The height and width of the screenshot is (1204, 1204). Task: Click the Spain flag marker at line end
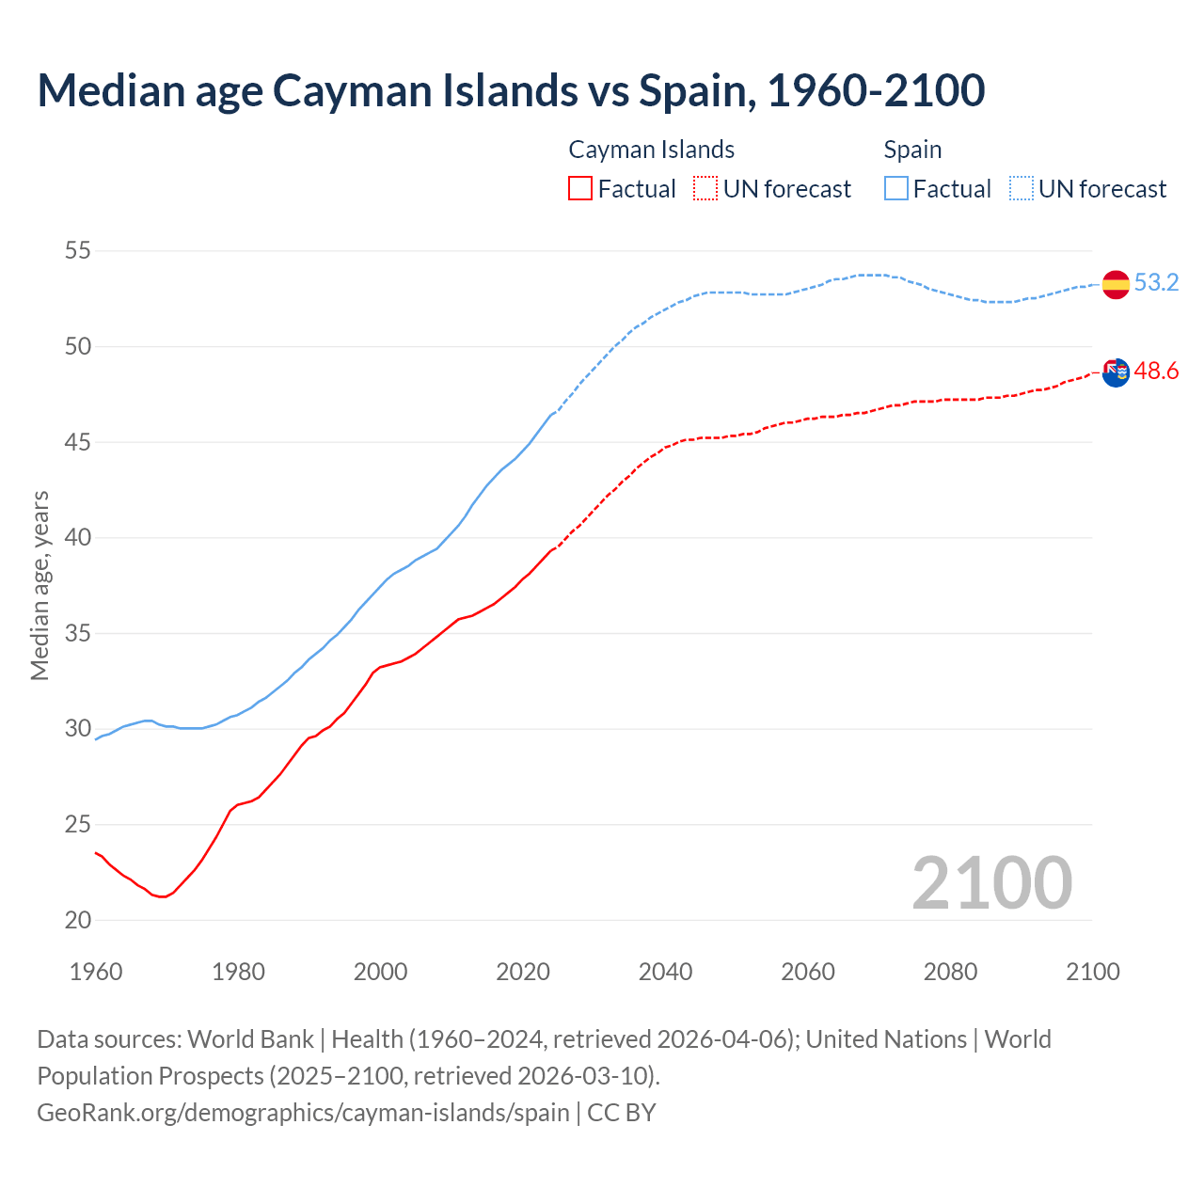pos(1116,283)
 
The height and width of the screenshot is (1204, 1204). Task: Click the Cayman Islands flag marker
pos(1116,372)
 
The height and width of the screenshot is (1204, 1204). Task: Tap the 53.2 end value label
pos(1156,282)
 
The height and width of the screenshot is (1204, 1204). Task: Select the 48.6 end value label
pos(1156,372)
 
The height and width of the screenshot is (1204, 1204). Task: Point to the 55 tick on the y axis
pos(78,251)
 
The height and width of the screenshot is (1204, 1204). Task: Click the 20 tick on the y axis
pos(78,920)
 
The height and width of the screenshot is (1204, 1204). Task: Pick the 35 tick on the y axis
pos(78,633)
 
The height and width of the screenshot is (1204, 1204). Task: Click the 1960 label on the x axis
pos(96,972)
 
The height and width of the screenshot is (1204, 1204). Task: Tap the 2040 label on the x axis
pos(666,972)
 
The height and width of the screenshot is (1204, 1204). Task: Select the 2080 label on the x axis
pos(950,972)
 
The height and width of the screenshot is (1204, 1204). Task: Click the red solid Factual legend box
pos(580,189)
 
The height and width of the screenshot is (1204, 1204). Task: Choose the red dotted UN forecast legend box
pos(705,189)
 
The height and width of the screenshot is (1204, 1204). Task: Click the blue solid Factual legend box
pos(896,189)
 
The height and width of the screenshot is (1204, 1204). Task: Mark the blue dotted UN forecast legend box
pos(1022,189)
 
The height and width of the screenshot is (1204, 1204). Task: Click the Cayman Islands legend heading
pos(651,150)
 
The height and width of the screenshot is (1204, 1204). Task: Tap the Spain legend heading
pos(912,150)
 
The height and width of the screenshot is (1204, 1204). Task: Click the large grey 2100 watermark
pos(991,883)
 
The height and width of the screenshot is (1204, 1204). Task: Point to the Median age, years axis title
pos(40,585)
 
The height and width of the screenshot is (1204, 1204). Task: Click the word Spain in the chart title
pos(694,91)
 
